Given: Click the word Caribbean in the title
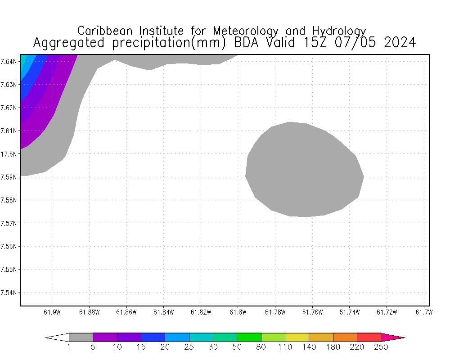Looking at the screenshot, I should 106,31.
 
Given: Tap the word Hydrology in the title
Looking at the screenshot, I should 338,31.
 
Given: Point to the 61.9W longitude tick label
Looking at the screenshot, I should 52,312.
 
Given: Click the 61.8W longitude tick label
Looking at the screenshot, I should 238,312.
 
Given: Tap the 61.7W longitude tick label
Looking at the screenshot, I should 424,312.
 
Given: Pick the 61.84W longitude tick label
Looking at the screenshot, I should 163,312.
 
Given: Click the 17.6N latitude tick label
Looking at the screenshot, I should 9,154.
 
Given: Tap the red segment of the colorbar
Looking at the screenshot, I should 369,337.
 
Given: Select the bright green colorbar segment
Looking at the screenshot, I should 249,337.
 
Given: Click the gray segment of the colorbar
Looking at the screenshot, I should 81,337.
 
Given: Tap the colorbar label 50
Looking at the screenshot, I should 237,347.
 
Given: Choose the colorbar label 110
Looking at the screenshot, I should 285,347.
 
